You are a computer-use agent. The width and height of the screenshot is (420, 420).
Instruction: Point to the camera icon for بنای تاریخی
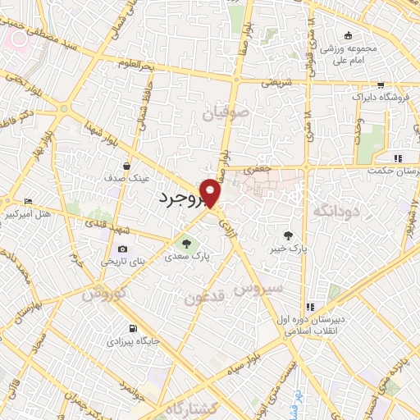123,249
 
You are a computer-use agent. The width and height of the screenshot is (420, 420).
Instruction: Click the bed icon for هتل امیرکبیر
30,201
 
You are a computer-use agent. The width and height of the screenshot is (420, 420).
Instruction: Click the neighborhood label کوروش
105,293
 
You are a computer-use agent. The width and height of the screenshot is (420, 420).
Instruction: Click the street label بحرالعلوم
135,63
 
